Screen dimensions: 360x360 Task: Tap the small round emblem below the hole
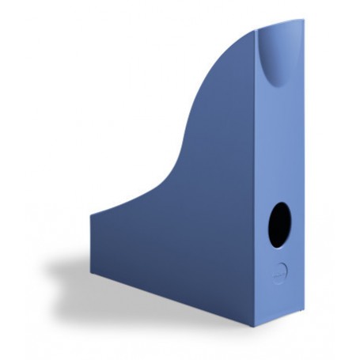click(x=280, y=271)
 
